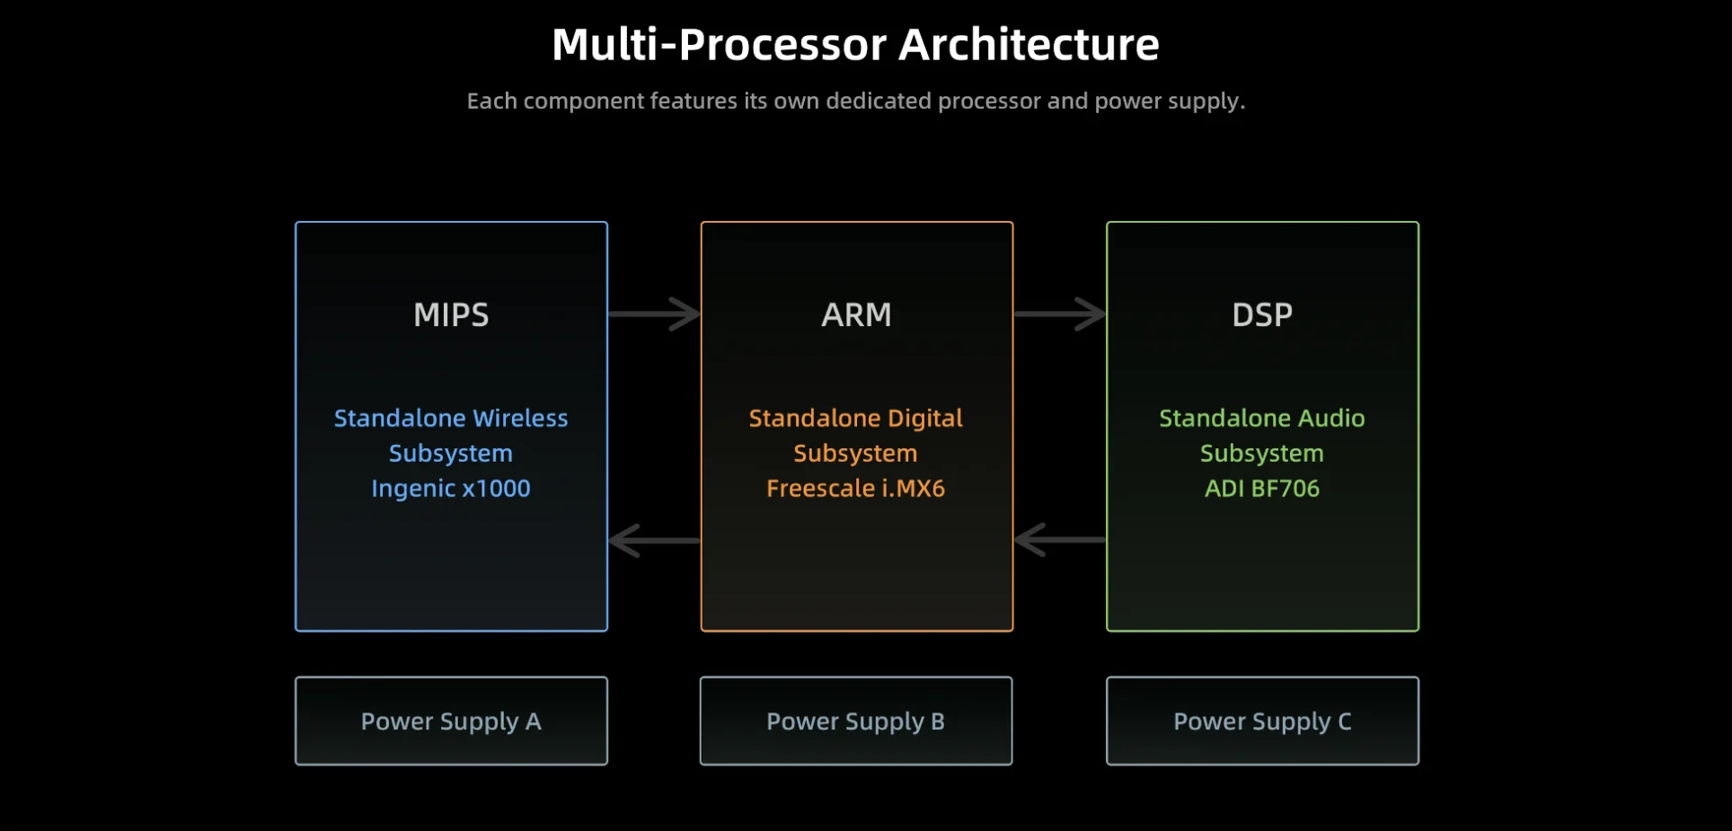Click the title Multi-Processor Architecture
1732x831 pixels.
[x=855, y=44]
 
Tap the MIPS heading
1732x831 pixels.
[x=451, y=314]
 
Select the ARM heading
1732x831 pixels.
[x=856, y=314]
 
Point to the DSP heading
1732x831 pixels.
[x=1262, y=314]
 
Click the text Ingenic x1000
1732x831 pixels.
[x=451, y=489]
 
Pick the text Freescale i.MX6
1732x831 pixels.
[x=856, y=489]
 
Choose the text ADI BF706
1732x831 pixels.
[x=1262, y=489]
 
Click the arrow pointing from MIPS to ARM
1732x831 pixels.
[x=654, y=314]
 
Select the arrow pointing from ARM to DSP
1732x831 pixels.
[x=1060, y=314]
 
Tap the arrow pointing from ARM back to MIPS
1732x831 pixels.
[x=654, y=540]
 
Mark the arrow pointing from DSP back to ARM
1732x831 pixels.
[x=1060, y=540]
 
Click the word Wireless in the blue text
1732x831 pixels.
[x=520, y=419]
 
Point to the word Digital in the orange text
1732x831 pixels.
[x=925, y=420]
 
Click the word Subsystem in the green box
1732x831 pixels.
[x=1262, y=454]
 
